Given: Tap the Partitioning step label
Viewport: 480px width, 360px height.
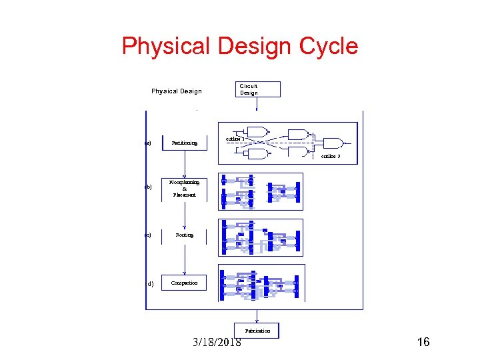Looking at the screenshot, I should [x=185, y=143].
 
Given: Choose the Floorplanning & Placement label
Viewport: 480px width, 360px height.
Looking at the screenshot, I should [x=185, y=188].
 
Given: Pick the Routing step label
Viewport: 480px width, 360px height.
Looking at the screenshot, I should [x=185, y=235].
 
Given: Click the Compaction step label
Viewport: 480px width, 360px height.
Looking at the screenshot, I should [x=185, y=283].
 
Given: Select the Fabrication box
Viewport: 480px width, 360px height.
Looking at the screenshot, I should [x=257, y=331].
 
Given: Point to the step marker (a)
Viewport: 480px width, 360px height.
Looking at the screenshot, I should [x=148, y=143].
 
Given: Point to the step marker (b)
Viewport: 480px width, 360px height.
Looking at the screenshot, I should [x=148, y=187].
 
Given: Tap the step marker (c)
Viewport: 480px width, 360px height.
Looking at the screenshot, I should [x=148, y=235].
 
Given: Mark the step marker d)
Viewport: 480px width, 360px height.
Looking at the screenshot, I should [x=150, y=283].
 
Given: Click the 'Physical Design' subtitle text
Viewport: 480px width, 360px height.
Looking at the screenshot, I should [x=176, y=91].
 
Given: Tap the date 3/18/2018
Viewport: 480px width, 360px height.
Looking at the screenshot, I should [x=216, y=343].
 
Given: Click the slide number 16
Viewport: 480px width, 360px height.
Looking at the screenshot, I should [x=423, y=343].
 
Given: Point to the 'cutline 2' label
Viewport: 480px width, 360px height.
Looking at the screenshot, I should [x=331, y=156].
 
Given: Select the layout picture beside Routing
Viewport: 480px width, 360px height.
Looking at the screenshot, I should [x=261, y=237].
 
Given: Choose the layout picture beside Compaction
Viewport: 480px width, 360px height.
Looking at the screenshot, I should [x=261, y=283].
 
